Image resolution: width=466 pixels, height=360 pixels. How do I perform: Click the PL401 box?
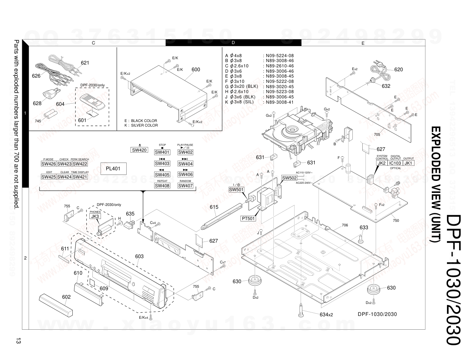point(113,169)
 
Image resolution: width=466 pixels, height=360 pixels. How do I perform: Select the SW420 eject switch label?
point(139,150)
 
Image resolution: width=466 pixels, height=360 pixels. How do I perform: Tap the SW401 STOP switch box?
point(162,152)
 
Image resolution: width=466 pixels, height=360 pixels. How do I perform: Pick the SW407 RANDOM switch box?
point(185,186)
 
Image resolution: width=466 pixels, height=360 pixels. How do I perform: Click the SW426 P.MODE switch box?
point(49,164)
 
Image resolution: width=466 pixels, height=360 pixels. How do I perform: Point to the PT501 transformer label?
point(248,219)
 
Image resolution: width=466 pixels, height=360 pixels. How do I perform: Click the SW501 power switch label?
point(236,190)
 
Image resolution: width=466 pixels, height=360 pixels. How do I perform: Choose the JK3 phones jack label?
point(95,216)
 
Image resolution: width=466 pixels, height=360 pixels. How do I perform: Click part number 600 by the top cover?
point(196,69)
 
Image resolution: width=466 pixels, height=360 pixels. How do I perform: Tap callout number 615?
point(214,207)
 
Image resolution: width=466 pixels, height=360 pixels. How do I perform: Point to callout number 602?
point(66,297)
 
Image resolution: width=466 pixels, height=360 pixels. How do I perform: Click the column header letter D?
point(233,43)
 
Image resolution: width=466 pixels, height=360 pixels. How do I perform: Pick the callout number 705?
point(377,134)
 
